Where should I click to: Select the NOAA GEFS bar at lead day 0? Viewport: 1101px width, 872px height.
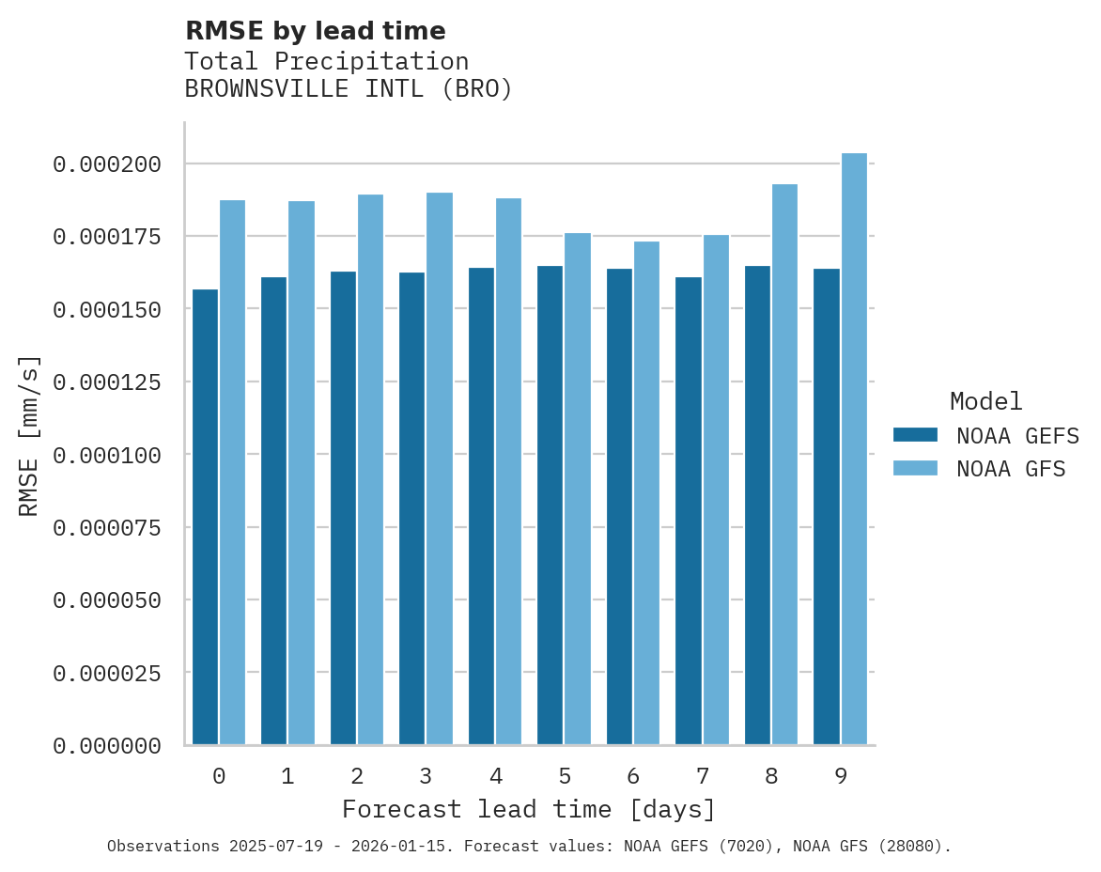205,517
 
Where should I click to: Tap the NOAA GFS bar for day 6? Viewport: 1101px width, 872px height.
646,493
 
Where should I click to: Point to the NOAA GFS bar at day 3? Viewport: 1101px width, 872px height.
440,469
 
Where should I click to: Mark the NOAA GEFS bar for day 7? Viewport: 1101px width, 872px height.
689,511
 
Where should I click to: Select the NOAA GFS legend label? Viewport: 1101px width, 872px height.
1011,469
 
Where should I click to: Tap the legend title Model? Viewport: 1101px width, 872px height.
985,401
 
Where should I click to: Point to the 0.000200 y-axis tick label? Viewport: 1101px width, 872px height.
107,164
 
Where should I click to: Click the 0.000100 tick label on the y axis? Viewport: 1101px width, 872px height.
107,455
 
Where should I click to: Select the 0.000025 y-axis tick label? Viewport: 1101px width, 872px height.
107,673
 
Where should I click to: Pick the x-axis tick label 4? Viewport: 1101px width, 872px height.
495,776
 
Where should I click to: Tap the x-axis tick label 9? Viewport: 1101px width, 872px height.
841,776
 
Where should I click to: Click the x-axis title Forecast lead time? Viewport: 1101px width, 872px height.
529,809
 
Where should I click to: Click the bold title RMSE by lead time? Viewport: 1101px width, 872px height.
315,31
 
